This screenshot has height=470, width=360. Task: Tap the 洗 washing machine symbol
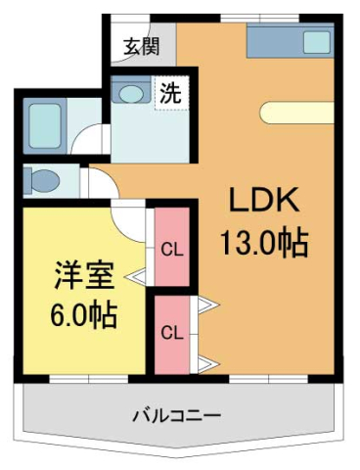(171, 95)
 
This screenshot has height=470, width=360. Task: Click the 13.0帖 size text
(264, 240)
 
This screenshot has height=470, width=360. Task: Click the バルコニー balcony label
(176, 414)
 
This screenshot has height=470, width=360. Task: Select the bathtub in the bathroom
(41, 122)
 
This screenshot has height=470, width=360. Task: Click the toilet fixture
(44, 181)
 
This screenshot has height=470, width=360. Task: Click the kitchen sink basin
(317, 42)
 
